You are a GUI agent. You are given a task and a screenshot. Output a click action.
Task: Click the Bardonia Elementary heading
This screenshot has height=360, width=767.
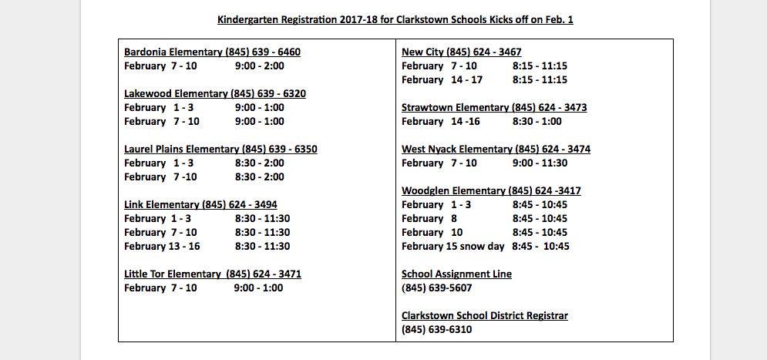pyautogui.click(x=212, y=52)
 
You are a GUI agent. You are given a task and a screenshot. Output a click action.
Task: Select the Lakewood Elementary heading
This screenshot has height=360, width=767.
pyautogui.click(x=214, y=94)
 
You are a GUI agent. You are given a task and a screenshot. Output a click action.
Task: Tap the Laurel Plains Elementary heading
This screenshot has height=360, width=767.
pyautogui.click(x=220, y=150)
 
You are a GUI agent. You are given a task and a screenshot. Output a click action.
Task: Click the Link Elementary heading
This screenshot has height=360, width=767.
pyautogui.click(x=200, y=205)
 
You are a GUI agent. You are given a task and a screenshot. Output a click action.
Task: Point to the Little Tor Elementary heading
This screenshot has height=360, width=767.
pyautogui.click(x=212, y=274)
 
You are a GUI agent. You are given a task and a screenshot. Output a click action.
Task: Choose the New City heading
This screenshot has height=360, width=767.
pyautogui.click(x=461, y=52)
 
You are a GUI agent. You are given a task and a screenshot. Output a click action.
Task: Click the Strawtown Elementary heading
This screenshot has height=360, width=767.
pyautogui.click(x=493, y=108)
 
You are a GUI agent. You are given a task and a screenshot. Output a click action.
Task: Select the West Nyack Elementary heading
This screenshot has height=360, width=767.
pyautogui.click(x=496, y=150)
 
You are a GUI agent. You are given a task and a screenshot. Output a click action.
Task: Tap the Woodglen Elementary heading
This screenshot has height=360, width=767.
pyautogui.click(x=491, y=191)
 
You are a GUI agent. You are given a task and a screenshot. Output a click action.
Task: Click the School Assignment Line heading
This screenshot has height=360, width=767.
pyautogui.click(x=456, y=274)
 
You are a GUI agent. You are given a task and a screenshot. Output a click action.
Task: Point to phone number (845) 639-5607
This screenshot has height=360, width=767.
pyautogui.click(x=436, y=288)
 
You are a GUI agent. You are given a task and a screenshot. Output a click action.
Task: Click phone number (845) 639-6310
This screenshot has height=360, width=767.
pyautogui.click(x=436, y=330)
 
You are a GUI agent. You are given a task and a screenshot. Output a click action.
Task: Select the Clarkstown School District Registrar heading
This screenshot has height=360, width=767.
pyautogui.click(x=484, y=316)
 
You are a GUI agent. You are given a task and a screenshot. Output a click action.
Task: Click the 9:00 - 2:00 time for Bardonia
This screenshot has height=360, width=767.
pyautogui.click(x=259, y=66)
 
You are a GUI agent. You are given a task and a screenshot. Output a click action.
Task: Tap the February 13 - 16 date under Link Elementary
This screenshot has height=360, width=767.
pyautogui.click(x=162, y=247)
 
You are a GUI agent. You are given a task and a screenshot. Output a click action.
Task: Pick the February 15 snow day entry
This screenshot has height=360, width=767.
pyautogui.click(x=452, y=247)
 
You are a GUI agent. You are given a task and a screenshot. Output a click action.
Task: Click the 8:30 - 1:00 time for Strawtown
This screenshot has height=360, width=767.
pyautogui.click(x=537, y=122)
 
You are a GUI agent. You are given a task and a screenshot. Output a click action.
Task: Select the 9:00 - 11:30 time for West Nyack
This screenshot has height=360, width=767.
pyautogui.click(x=540, y=163)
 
